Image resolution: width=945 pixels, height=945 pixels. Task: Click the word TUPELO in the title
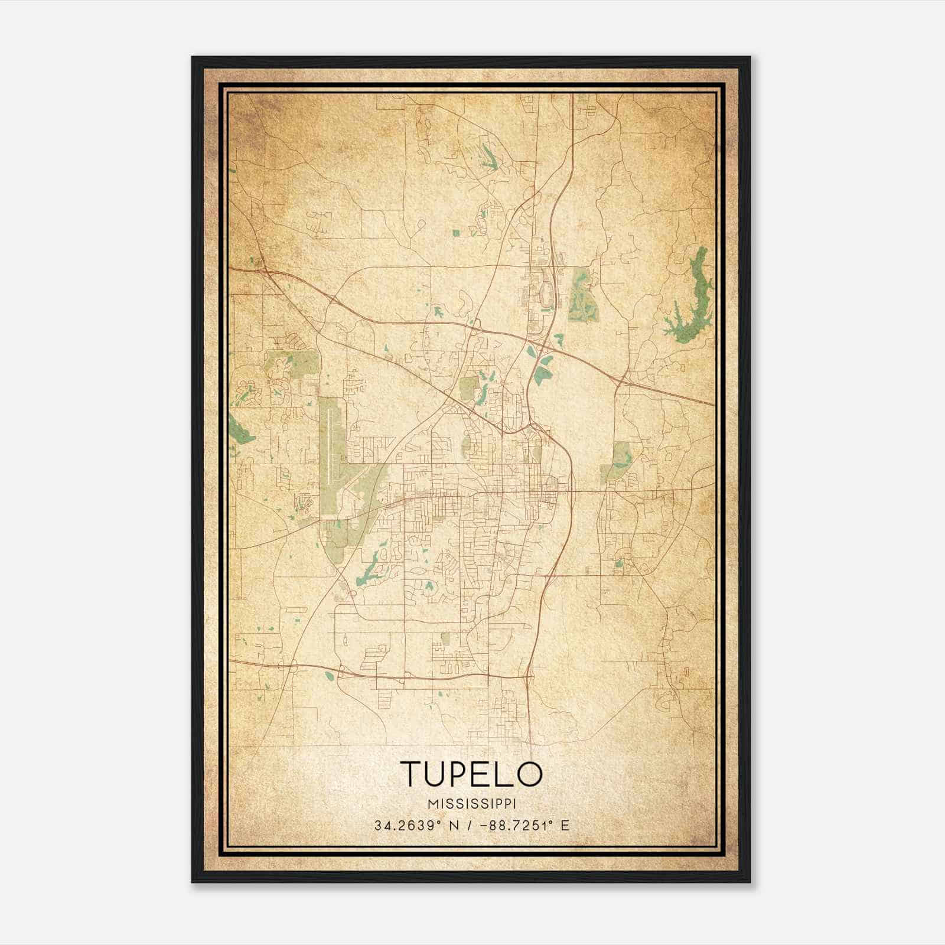pos(471,773)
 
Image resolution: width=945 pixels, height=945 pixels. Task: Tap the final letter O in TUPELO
pos(530,773)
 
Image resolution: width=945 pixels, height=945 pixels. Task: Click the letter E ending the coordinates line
pos(565,825)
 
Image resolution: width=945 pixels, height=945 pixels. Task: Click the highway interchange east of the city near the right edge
pos(620,378)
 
